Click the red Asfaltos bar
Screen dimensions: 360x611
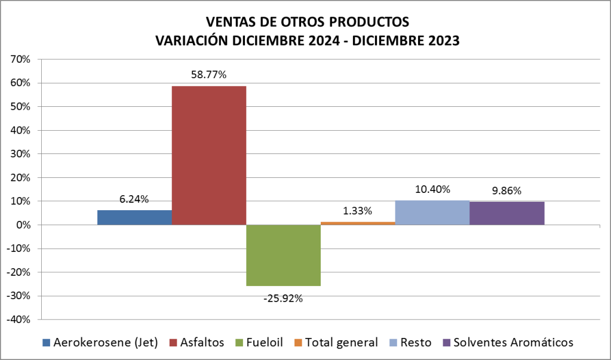point(208,155)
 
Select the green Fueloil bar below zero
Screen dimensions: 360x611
point(283,255)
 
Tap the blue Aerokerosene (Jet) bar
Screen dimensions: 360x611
point(134,217)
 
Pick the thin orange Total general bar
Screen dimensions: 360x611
point(358,223)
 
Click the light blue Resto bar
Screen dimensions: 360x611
point(432,213)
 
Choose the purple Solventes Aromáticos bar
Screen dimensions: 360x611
point(506,213)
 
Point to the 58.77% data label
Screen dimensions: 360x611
point(208,75)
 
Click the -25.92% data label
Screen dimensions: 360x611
point(283,298)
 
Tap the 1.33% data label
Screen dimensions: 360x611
point(358,211)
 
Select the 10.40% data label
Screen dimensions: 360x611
point(432,189)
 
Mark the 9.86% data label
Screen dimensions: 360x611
point(506,191)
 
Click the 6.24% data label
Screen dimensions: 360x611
point(134,199)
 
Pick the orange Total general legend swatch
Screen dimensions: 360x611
point(298,343)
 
